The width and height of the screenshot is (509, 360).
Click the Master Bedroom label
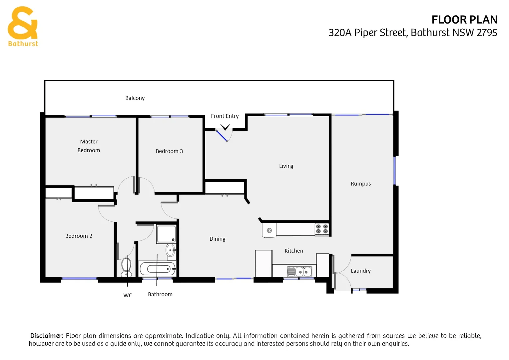point(89,146)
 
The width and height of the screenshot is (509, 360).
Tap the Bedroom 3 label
point(169,151)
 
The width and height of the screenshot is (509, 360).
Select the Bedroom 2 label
point(79,236)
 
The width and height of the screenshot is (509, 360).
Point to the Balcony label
point(135,98)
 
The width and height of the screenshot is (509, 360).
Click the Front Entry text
point(225,116)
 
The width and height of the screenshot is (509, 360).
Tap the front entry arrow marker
point(225,127)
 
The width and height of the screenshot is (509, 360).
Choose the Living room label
point(286,166)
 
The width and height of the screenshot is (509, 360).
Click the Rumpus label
point(360,184)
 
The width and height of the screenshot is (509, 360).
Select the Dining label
point(217,239)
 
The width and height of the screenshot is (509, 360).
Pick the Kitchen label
point(294,251)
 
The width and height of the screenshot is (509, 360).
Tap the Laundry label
point(360,271)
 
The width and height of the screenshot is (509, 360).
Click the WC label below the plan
point(128,295)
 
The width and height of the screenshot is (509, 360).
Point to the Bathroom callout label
point(160,294)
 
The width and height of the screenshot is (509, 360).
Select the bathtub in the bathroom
point(157,269)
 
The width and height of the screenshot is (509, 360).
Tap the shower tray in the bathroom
point(166,234)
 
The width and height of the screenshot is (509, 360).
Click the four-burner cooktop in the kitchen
point(322,229)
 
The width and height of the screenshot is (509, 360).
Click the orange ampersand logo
point(23,23)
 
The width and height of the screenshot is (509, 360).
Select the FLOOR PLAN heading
point(464,20)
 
